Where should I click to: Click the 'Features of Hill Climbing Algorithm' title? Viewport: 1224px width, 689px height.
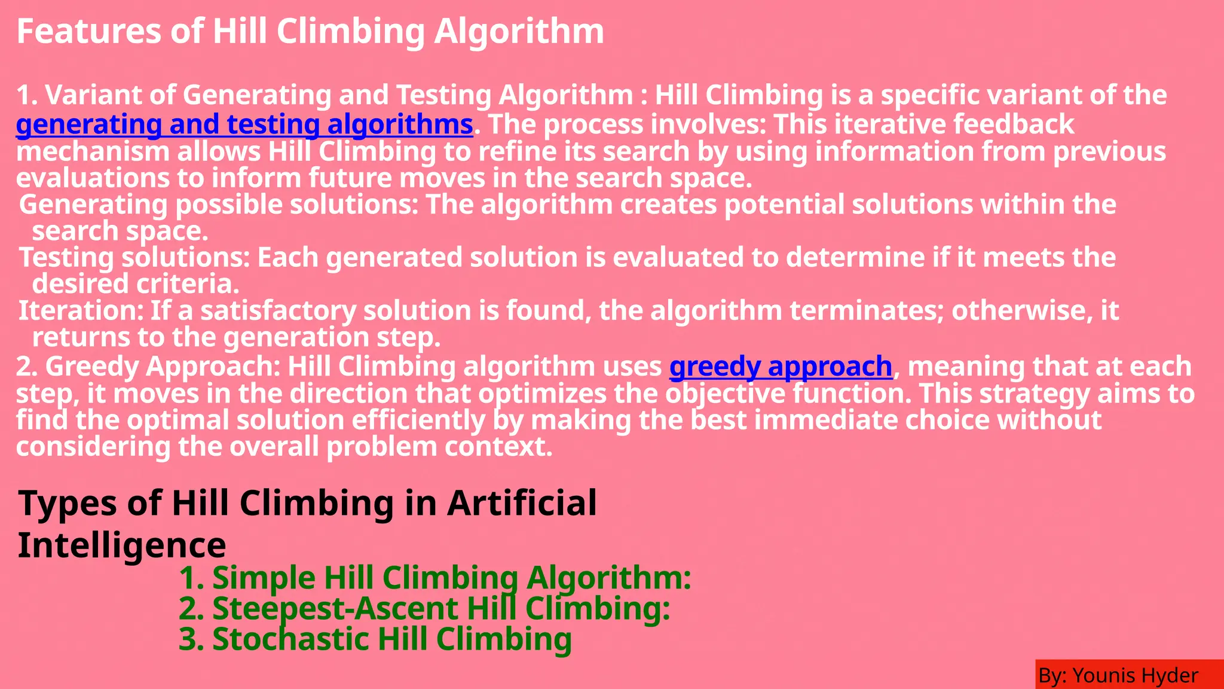click(310, 31)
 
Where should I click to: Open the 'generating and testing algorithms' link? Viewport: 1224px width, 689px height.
click(244, 124)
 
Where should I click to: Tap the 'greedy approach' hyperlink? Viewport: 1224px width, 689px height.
click(781, 366)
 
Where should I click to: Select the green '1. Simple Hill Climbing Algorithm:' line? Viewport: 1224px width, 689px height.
click(434, 578)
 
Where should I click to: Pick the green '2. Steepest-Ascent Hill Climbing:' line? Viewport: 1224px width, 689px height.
click(424, 608)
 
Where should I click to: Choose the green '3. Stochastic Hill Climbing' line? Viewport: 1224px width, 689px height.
click(375, 639)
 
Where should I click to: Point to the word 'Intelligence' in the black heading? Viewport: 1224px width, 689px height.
click(122, 545)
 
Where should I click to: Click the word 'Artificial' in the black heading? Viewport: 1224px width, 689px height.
click(522, 502)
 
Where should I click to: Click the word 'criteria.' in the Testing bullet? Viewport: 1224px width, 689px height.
click(188, 284)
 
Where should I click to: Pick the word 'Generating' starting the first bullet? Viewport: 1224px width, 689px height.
click(93, 205)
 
